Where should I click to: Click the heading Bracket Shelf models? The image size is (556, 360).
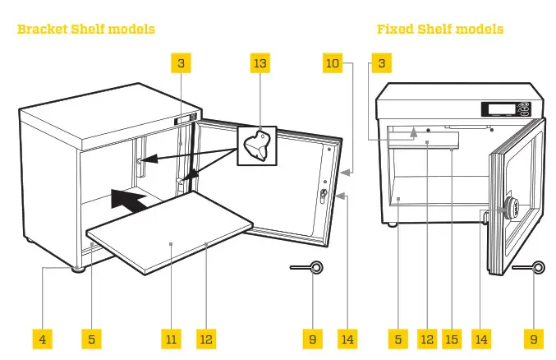tap(86, 30)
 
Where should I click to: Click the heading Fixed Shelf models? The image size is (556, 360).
tap(440, 30)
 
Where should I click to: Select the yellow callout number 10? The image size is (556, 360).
tap(332, 64)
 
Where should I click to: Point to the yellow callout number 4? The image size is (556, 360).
tap(42, 338)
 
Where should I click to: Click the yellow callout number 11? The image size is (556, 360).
tap(171, 338)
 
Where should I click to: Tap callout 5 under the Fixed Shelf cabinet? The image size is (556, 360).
tap(397, 338)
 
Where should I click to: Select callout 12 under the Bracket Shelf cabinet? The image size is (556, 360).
tap(206, 338)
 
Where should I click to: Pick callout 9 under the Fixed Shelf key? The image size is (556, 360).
tap(533, 338)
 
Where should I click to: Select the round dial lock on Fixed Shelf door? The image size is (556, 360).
tap(511, 208)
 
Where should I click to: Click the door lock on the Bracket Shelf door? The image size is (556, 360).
tap(323, 196)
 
